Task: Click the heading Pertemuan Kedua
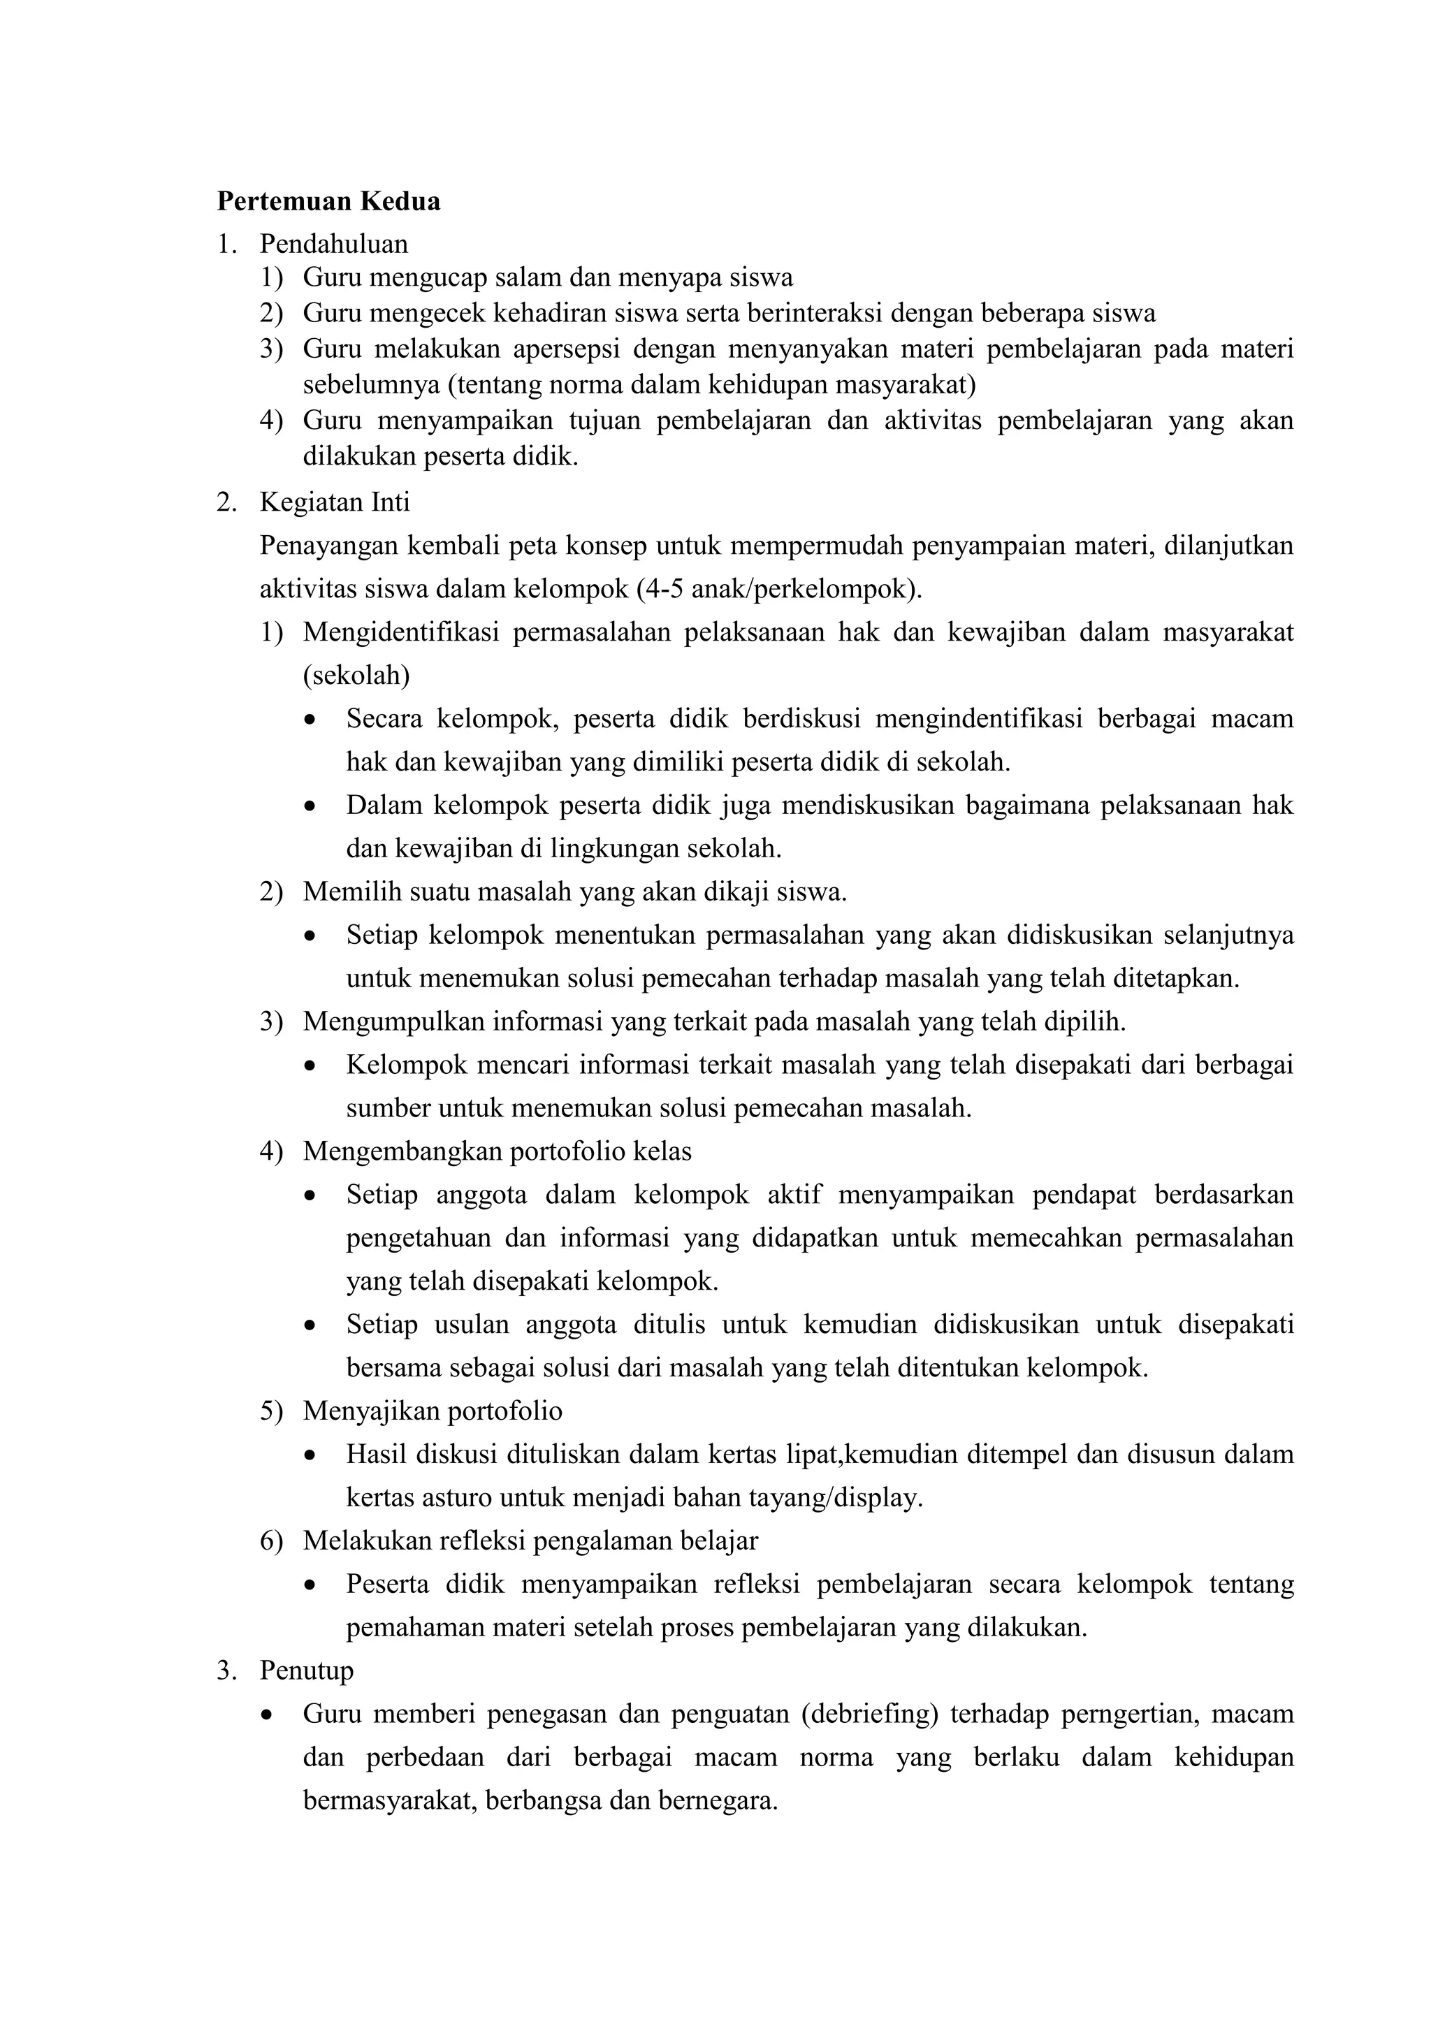click(x=328, y=202)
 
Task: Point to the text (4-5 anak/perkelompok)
click(x=778, y=589)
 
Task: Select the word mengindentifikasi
click(x=979, y=718)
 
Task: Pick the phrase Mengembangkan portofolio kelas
click(x=497, y=1151)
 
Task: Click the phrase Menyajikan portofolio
click(x=432, y=1411)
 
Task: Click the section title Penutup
click(x=306, y=1670)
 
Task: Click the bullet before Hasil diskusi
click(x=310, y=1455)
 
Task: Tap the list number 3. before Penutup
click(x=226, y=1670)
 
